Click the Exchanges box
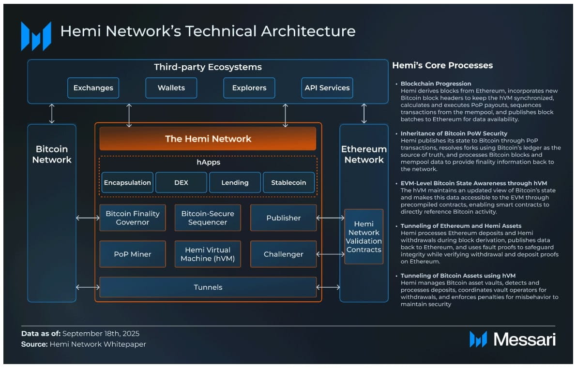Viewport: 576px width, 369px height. click(x=93, y=88)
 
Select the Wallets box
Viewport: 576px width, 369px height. click(x=171, y=88)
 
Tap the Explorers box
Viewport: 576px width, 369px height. click(x=249, y=88)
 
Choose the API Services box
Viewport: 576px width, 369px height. click(x=327, y=88)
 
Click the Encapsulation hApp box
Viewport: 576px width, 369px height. click(x=127, y=183)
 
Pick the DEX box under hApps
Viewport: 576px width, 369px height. click(x=181, y=183)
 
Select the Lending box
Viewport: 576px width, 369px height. click(x=235, y=183)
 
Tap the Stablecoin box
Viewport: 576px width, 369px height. click(x=289, y=183)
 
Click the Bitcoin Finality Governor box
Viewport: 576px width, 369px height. click(x=133, y=218)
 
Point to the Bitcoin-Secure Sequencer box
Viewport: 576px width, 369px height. click(x=208, y=218)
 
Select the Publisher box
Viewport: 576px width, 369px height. click(x=283, y=218)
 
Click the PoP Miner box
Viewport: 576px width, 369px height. click(x=133, y=254)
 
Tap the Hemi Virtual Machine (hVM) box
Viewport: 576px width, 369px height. click(x=208, y=254)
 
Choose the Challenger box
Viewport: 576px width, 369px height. click(x=283, y=254)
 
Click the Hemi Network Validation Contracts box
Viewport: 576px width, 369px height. click(x=364, y=236)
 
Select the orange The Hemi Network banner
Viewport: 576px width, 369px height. click(x=208, y=139)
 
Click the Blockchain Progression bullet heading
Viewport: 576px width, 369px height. click(x=436, y=84)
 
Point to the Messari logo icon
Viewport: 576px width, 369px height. click(x=478, y=339)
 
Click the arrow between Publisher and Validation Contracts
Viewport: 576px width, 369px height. click(x=331, y=218)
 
